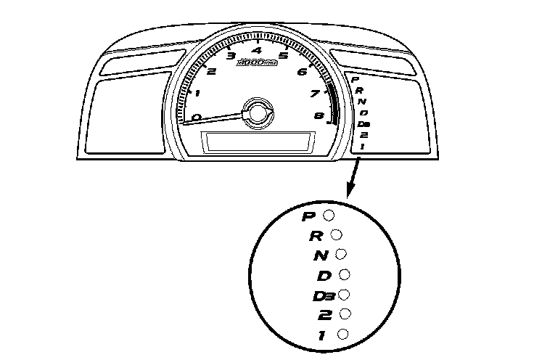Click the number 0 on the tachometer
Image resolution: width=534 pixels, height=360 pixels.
197,116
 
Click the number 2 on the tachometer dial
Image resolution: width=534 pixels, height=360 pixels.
211,70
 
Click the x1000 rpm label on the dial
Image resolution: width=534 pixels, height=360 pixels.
256,65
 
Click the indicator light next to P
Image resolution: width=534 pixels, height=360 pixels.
330,215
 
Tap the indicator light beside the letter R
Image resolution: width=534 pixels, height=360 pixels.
336,234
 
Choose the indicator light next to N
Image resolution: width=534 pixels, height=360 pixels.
341,254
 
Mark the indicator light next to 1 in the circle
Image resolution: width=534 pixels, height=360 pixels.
343,333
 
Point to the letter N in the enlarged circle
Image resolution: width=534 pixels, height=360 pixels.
319,255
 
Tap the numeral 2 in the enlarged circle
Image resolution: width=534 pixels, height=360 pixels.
324,314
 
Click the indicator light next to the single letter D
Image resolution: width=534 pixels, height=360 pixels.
345,274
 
